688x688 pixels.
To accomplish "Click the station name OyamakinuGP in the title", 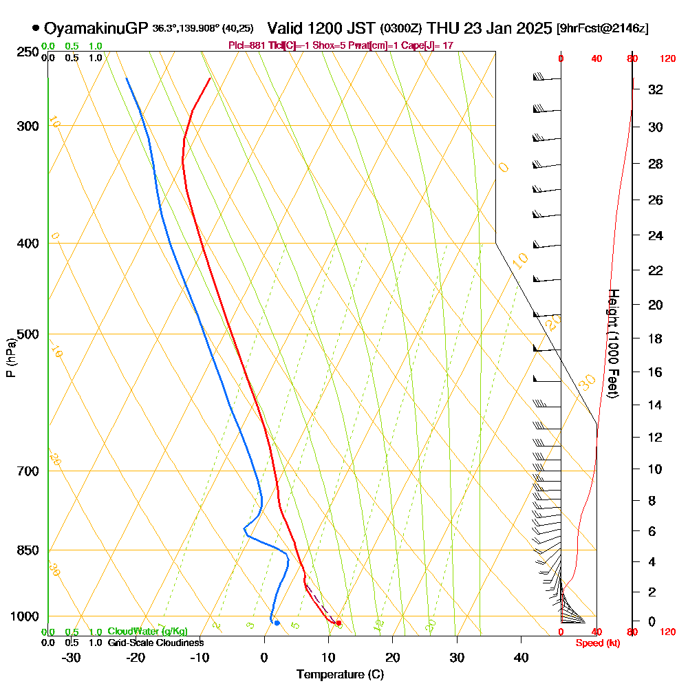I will click(x=96, y=28).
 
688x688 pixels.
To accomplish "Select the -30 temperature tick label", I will click(x=72, y=658).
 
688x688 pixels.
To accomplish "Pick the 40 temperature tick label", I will click(x=521, y=658).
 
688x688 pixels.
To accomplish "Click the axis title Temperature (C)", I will click(x=340, y=675).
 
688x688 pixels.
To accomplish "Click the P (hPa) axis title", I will click(x=10, y=357).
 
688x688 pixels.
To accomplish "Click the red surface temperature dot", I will click(x=338, y=623).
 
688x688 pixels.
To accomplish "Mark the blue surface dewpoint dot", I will click(x=277, y=623).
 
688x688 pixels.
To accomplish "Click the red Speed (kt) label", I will click(x=595, y=643).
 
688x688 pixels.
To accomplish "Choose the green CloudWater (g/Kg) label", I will click(x=148, y=632).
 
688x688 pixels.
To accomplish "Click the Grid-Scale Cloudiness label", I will click(x=155, y=643).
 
